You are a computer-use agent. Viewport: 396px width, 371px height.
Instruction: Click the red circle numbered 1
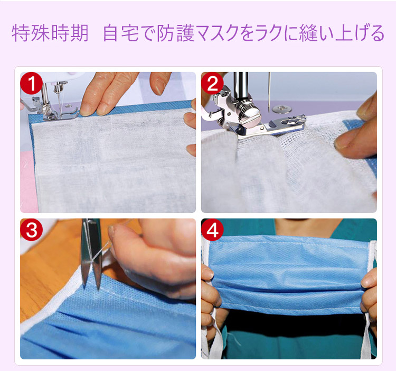click(x=31, y=83)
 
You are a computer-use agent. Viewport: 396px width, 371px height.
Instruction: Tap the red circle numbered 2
click(x=212, y=83)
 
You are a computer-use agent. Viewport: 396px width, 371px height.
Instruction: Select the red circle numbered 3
click(x=31, y=230)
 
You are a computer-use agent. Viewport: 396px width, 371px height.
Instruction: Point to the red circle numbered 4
click(x=212, y=230)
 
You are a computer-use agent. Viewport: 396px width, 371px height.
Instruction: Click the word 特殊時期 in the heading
click(x=50, y=33)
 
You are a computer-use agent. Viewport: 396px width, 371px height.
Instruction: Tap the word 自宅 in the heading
click(x=121, y=33)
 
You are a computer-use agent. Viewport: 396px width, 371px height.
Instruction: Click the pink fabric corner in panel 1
click(x=27, y=182)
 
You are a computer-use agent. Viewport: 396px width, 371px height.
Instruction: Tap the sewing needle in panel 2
click(x=269, y=92)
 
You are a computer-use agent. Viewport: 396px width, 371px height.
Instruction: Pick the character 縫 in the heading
click(x=308, y=33)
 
